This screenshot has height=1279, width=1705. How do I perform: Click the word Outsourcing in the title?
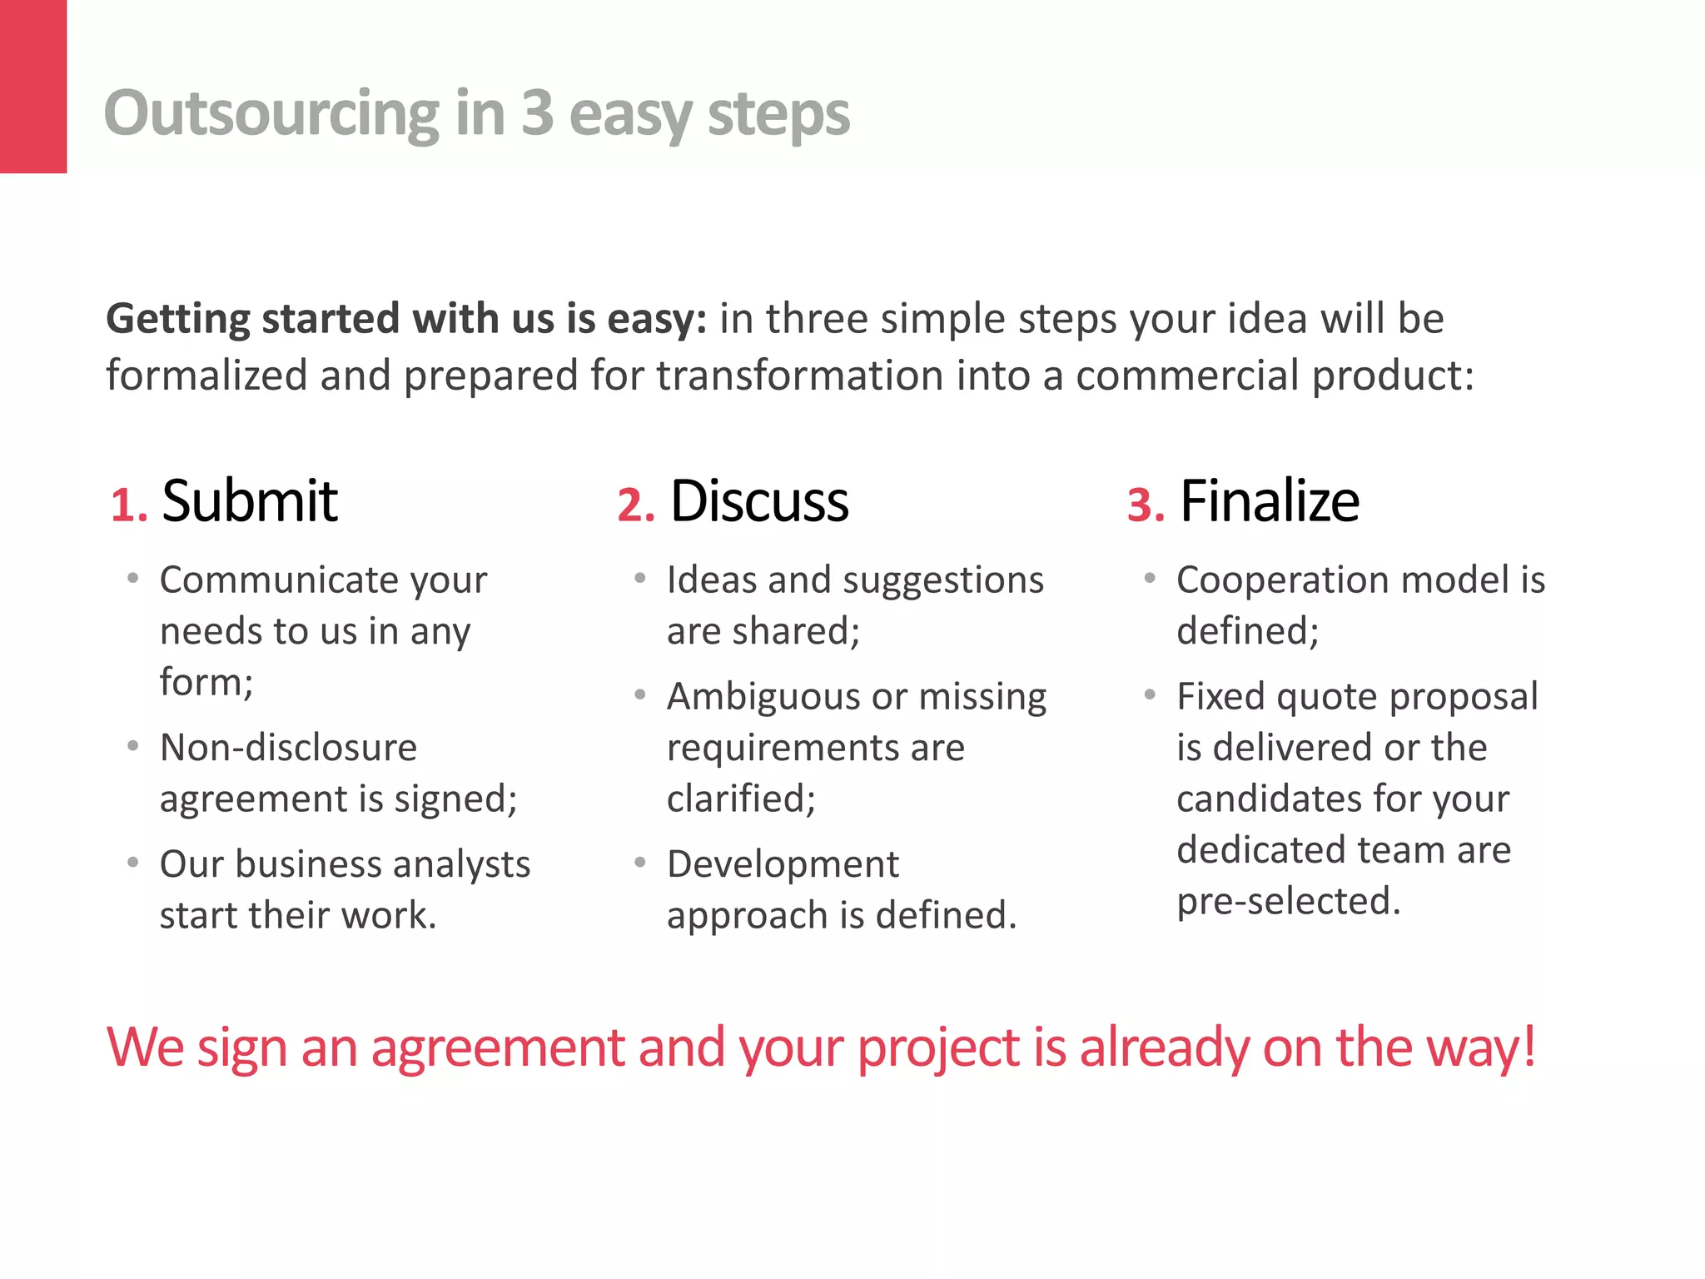click(271, 113)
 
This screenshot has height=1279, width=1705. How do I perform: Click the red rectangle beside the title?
click(33, 86)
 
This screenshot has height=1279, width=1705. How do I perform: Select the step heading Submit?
click(250, 501)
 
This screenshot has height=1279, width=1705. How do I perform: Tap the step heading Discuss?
click(759, 501)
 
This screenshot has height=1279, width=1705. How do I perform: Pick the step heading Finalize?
click(1270, 501)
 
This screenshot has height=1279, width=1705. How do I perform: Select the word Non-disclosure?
click(288, 748)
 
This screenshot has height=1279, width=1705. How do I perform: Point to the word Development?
click(783, 864)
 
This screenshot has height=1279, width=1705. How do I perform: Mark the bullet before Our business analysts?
click(133, 863)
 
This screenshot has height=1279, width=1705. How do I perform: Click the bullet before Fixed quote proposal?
click(1150, 694)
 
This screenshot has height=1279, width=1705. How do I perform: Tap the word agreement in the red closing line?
click(498, 1048)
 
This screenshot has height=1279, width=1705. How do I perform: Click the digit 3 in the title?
click(537, 113)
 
